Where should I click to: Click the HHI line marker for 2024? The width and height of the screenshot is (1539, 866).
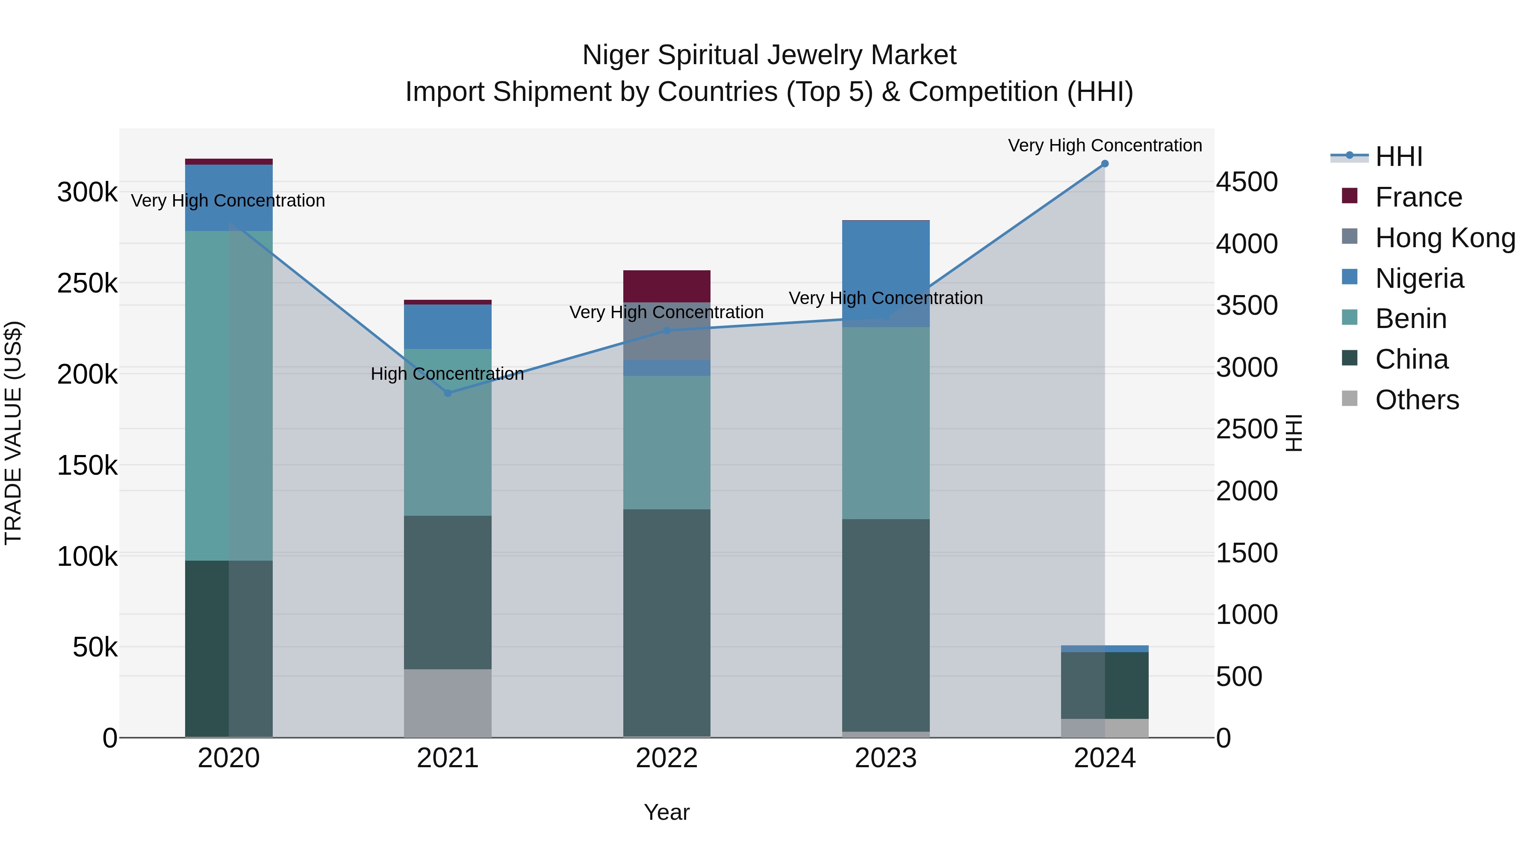(x=1104, y=164)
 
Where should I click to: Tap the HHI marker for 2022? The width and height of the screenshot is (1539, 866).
(x=667, y=331)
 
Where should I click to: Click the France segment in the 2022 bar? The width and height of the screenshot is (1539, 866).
(x=667, y=286)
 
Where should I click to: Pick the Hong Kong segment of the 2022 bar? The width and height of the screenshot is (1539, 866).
(x=667, y=332)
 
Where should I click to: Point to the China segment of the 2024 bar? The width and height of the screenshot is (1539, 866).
(x=1104, y=685)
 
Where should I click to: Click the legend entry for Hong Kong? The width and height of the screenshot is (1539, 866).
(x=1445, y=238)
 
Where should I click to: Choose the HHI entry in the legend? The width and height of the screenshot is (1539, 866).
(x=1398, y=157)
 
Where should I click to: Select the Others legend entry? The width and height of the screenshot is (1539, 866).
(x=1417, y=400)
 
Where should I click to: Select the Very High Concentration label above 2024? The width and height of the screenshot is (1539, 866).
(x=1105, y=145)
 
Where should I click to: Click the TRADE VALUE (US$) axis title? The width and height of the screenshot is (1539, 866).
(x=14, y=433)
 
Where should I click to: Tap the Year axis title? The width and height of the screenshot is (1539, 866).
(x=667, y=812)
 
